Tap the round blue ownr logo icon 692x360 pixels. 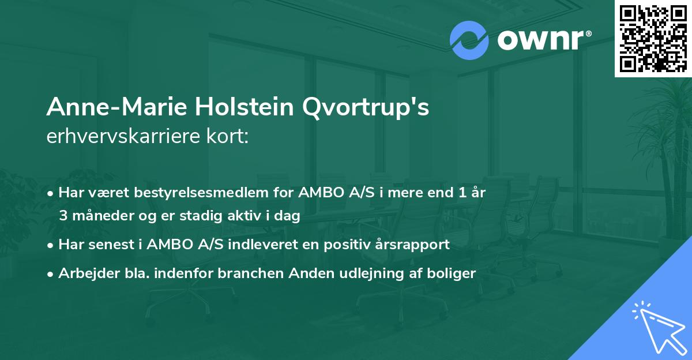(469, 40)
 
